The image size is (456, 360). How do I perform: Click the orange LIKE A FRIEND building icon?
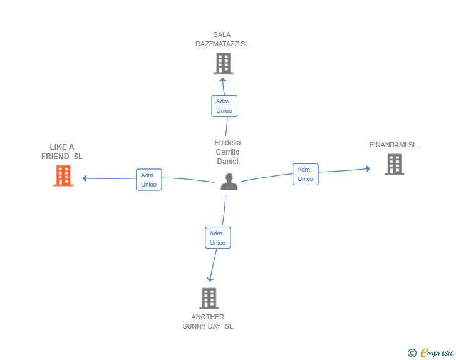[63, 176]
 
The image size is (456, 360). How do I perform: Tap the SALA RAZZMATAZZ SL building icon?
[223, 63]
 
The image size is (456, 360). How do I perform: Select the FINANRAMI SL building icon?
[394, 164]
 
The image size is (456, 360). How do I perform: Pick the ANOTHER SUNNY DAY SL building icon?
[209, 298]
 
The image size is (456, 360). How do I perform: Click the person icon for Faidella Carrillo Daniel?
[229, 182]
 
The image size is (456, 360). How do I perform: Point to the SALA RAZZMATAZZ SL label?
[222, 39]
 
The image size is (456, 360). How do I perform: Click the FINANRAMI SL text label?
[393, 145]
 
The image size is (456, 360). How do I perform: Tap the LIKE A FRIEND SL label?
[62, 152]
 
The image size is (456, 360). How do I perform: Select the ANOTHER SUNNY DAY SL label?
[208, 321]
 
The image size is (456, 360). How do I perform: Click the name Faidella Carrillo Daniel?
[227, 152]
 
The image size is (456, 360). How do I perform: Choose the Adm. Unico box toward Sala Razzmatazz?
[224, 106]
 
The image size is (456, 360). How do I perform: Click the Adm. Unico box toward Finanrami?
[305, 174]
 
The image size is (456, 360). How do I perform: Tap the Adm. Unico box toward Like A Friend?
[149, 180]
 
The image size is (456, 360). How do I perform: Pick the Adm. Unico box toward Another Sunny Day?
[217, 238]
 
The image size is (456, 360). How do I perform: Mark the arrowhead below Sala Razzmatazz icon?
[222, 80]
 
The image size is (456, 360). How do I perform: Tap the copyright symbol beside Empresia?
[412, 353]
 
